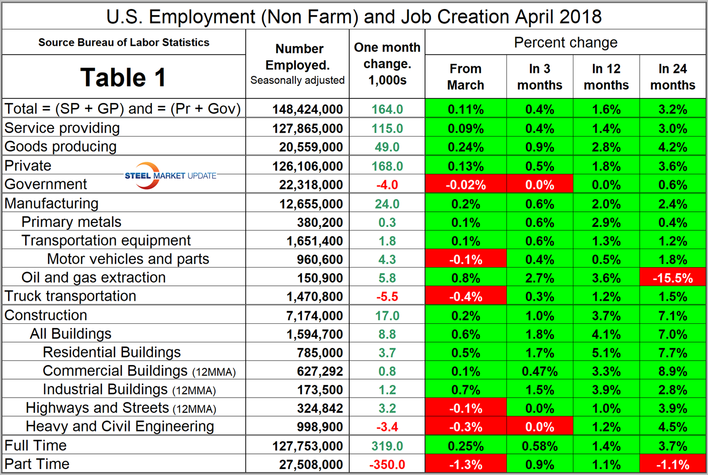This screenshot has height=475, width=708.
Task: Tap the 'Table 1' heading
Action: (x=123, y=77)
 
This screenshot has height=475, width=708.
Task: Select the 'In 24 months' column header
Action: (x=672, y=77)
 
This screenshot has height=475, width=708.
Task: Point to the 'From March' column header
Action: (x=465, y=77)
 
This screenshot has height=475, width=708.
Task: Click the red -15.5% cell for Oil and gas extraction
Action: (x=672, y=278)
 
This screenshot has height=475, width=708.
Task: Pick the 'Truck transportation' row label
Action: (x=70, y=296)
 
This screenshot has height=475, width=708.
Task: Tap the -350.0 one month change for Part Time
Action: (x=387, y=464)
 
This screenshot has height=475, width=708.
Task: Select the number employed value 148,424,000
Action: (x=308, y=109)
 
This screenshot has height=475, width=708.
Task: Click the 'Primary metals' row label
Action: (x=71, y=222)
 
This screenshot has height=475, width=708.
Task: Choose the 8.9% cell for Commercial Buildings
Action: (x=672, y=372)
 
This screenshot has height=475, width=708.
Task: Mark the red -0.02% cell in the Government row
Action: (x=465, y=185)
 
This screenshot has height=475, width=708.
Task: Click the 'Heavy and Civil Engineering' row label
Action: (x=120, y=426)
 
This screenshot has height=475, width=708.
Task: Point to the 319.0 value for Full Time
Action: (x=387, y=446)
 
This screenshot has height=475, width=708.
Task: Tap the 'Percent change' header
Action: (x=565, y=43)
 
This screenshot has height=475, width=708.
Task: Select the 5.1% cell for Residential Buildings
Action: (x=606, y=353)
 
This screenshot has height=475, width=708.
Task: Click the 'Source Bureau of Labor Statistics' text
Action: (x=124, y=43)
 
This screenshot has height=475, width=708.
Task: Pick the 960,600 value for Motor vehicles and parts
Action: (x=315, y=260)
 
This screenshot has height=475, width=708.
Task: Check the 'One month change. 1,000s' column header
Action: (x=387, y=64)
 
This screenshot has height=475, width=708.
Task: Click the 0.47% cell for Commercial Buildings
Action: (x=540, y=372)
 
